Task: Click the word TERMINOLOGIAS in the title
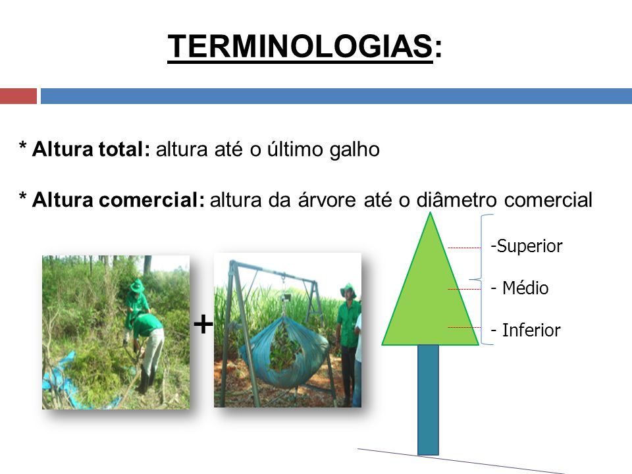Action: (x=300, y=46)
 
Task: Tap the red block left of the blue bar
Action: (x=18, y=96)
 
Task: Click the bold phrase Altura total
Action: (x=88, y=149)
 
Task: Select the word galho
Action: (x=354, y=149)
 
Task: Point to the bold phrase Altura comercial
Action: (x=118, y=199)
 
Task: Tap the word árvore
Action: (x=327, y=199)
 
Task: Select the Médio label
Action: (x=525, y=288)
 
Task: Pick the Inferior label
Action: (x=531, y=330)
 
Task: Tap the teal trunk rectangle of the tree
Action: (x=428, y=400)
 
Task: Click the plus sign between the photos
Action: (x=203, y=324)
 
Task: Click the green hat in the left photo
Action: (x=137, y=285)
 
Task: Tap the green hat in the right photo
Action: (x=348, y=290)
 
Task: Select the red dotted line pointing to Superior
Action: (x=464, y=248)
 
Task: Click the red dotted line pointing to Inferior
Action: (x=464, y=327)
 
